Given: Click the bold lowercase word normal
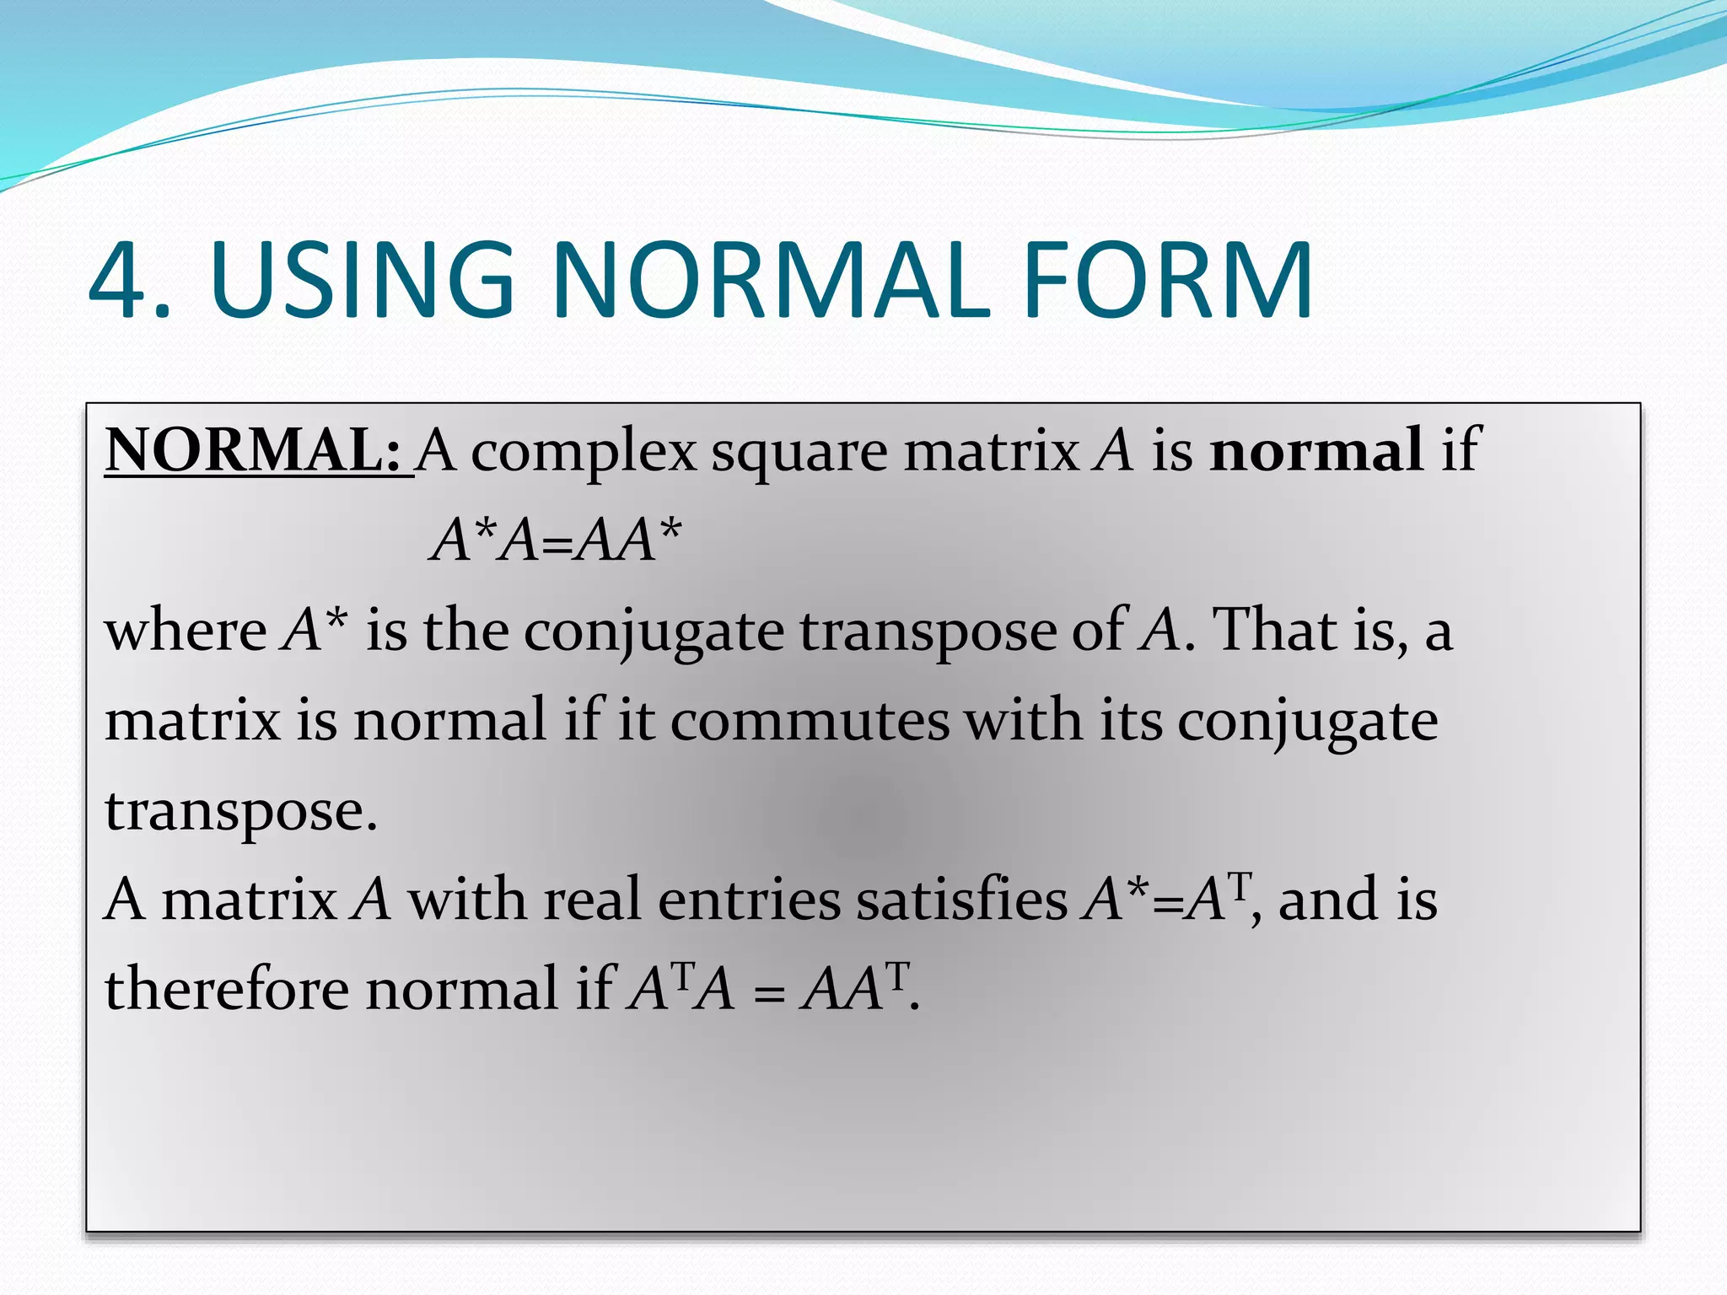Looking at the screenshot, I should [x=1316, y=450].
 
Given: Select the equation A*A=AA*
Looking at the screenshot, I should [x=556, y=540].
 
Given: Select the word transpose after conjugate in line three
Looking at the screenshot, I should [x=928, y=632].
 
